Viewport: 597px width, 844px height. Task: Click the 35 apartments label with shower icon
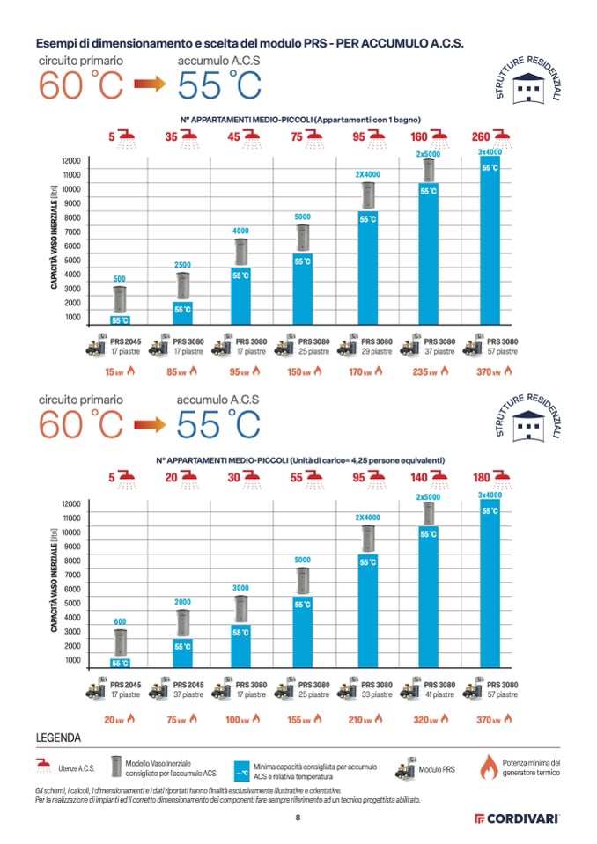click(182, 137)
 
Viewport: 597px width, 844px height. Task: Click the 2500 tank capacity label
click(182, 265)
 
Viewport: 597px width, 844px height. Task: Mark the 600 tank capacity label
click(121, 621)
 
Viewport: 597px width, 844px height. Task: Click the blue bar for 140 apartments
click(429, 598)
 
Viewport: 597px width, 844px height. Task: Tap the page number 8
click(298, 818)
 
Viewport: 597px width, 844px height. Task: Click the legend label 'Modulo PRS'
click(437, 770)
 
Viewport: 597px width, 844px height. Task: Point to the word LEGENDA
click(59, 738)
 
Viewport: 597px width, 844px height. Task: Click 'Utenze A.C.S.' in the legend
click(77, 770)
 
